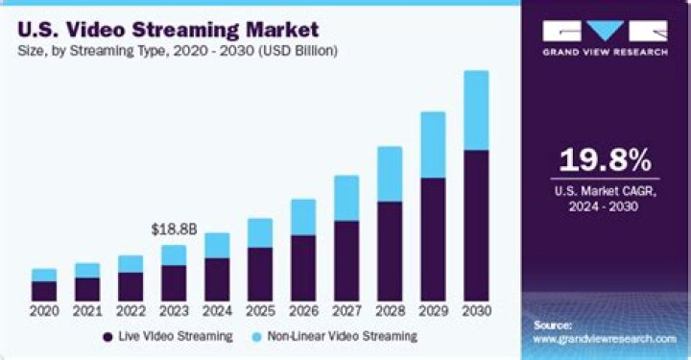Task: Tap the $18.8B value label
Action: coord(174,229)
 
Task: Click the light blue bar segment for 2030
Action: coord(476,110)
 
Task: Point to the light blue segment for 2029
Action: coord(433,145)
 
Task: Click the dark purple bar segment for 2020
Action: coord(44,290)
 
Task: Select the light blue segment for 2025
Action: coord(260,233)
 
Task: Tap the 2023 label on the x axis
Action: coord(174,311)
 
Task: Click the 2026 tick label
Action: coord(303,311)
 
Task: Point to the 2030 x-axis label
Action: coord(476,311)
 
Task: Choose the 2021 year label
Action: coord(87,311)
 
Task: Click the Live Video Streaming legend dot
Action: coord(107,337)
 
